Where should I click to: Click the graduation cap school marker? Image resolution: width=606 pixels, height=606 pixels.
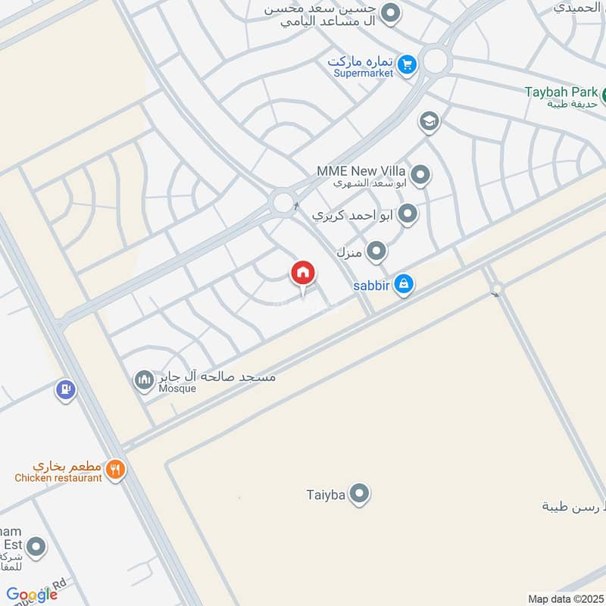click(430, 121)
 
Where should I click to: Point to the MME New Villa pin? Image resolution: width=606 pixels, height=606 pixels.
click(421, 176)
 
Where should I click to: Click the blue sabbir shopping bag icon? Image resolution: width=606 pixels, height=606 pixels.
click(404, 284)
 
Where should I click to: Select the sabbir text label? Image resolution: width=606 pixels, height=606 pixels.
click(370, 285)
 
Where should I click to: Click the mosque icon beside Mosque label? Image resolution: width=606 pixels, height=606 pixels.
click(144, 380)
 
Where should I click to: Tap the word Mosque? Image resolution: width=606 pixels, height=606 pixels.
click(177, 389)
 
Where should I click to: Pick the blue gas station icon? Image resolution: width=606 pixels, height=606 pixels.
click(66, 390)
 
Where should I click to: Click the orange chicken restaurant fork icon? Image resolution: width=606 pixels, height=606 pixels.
click(115, 470)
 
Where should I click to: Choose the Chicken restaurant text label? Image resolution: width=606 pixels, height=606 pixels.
click(58, 478)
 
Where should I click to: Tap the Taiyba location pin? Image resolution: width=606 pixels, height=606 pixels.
click(360, 495)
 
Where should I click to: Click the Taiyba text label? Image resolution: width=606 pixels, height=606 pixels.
click(326, 495)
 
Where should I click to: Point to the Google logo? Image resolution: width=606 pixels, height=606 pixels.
click(32, 595)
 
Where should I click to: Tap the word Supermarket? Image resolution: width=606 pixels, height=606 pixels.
click(364, 73)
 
